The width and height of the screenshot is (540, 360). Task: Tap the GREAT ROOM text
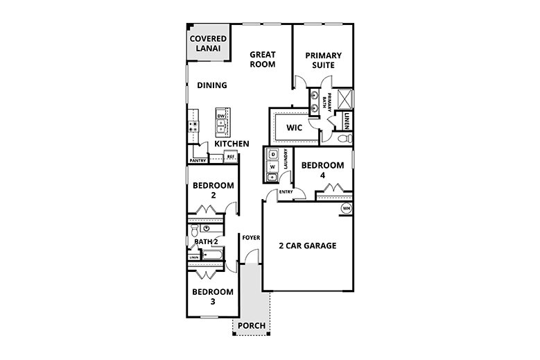coord(263,59)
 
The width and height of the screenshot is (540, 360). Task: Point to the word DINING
coord(211,86)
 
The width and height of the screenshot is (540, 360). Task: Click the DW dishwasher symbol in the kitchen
coord(221,116)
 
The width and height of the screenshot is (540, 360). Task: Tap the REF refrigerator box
coord(229,157)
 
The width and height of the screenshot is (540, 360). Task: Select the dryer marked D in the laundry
coord(273,154)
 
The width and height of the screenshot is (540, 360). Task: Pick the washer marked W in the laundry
coord(273,166)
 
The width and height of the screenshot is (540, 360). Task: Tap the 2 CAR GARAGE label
coord(307,246)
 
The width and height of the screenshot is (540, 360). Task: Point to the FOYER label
coord(250,238)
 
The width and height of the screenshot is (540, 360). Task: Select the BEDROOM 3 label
coord(211,296)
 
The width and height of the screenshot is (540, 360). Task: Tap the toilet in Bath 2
coord(195,230)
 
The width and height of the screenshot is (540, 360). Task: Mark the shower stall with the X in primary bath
coord(345,98)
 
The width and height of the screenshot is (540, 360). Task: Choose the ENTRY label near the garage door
coord(286,192)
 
